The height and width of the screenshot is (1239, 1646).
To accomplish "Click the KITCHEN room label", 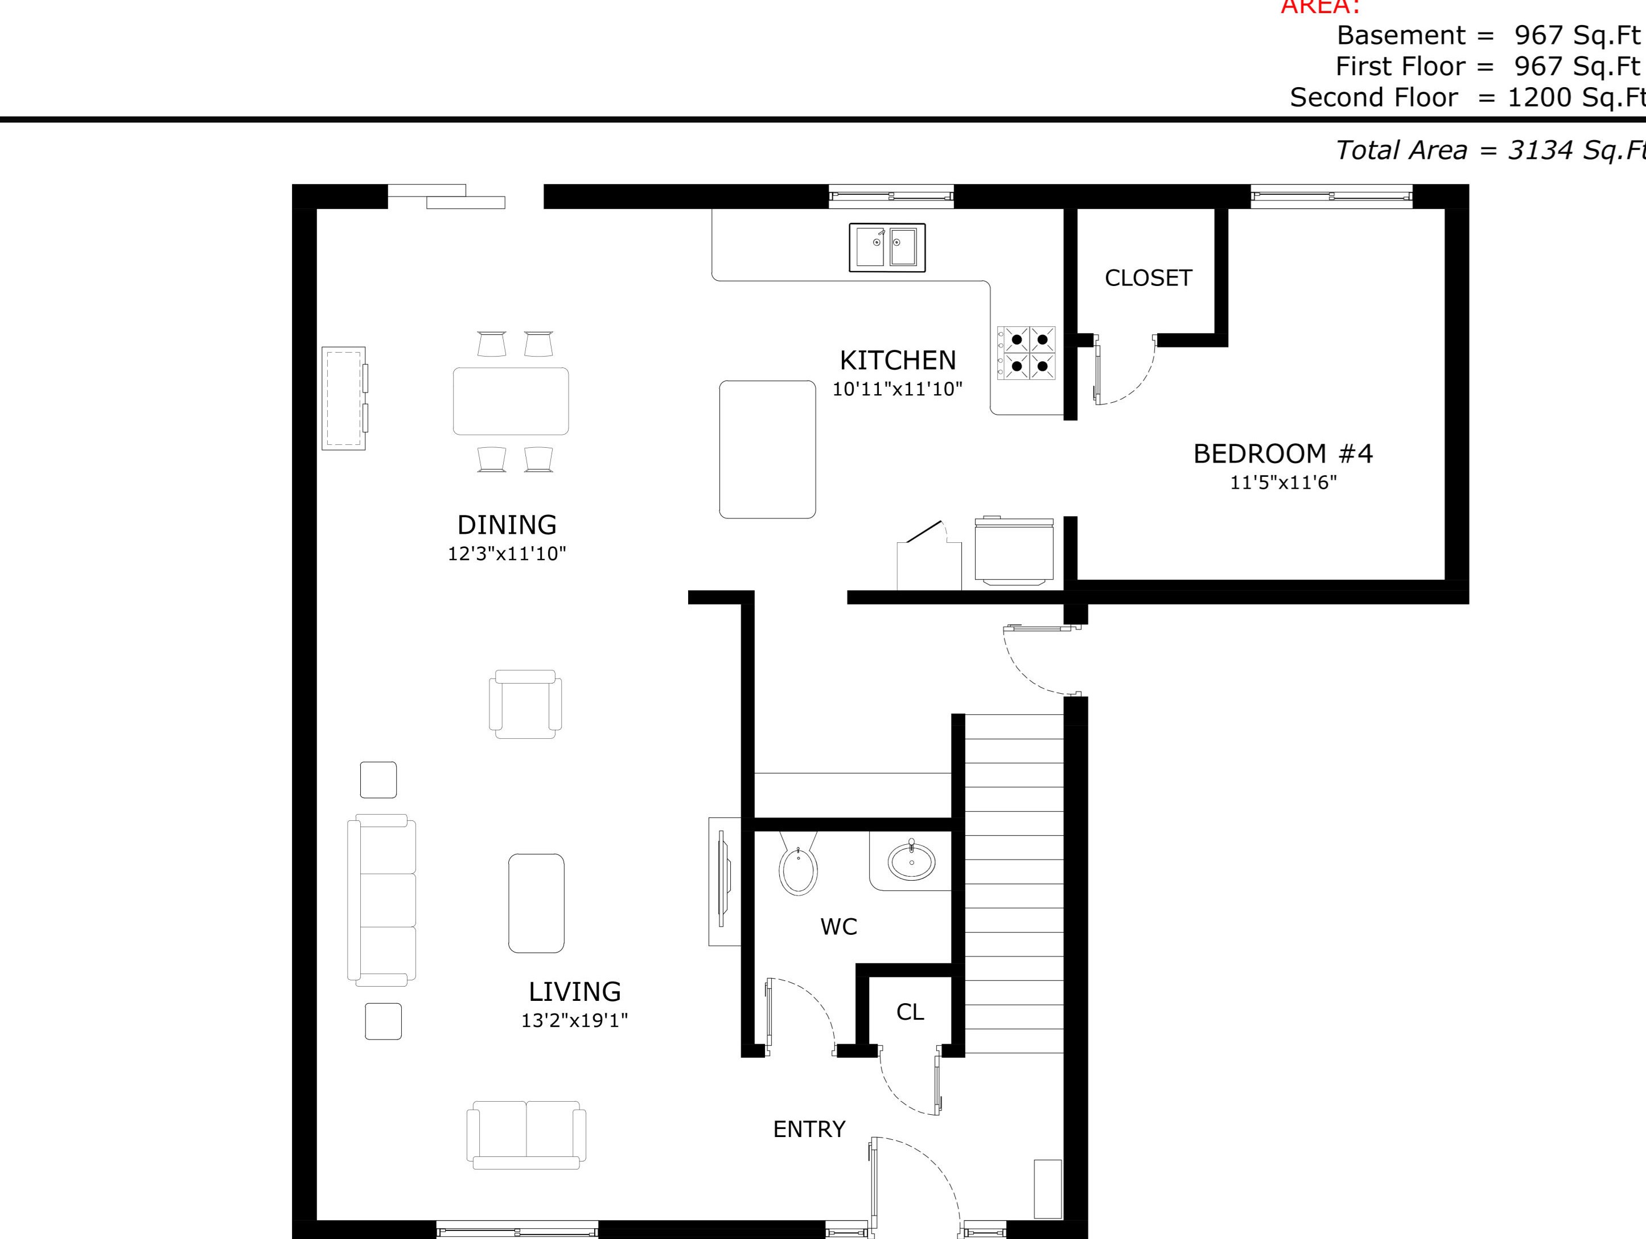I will [x=898, y=361].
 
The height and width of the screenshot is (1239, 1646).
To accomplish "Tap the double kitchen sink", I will [x=887, y=247].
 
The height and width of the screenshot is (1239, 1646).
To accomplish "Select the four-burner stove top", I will [x=1027, y=353].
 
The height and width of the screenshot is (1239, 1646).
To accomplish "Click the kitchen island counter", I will [x=767, y=449].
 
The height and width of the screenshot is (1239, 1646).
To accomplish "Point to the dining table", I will [x=511, y=400].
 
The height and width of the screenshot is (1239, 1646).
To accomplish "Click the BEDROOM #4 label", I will [x=1283, y=453].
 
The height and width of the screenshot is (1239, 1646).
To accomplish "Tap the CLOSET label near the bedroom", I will [x=1148, y=278].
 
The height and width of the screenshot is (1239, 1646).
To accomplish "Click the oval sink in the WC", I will [x=912, y=861].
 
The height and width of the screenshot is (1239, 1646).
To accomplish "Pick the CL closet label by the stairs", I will [x=910, y=1012].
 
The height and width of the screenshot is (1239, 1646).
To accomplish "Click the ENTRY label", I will [x=809, y=1130].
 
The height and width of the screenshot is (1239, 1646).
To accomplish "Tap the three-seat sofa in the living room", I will [x=381, y=900].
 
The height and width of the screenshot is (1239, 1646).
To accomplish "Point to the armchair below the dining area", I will [x=525, y=705].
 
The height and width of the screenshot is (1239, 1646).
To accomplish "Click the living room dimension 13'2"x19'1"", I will [x=574, y=1020].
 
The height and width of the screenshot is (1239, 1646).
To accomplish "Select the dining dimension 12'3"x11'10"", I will [x=507, y=553].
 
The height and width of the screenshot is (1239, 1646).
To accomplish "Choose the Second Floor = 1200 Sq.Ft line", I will [x=1466, y=97].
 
